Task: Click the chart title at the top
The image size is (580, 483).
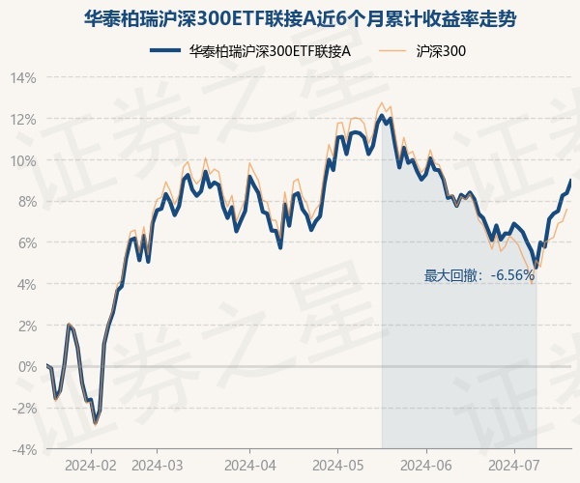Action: tap(290, 17)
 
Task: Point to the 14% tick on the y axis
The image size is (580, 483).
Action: tap(23, 78)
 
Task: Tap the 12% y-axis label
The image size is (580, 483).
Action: tap(23, 119)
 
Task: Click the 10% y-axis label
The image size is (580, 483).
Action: tap(23, 160)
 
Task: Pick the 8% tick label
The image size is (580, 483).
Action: tap(26, 202)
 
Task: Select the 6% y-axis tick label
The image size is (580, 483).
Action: tap(26, 242)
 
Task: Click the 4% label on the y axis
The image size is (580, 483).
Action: tap(26, 284)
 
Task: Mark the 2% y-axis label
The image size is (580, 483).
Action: tap(26, 326)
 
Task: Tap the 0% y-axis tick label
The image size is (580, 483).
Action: tap(26, 366)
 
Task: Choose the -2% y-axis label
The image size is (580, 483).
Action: tap(24, 408)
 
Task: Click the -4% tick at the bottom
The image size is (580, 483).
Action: tap(24, 449)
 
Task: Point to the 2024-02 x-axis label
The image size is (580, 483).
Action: tap(91, 465)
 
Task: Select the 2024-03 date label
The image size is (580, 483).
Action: tap(157, 465)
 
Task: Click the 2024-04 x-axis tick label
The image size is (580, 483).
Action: tap(249, 465)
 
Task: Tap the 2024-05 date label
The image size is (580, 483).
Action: tap(338, 465)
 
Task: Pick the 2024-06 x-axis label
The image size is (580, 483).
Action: tap(426, 465)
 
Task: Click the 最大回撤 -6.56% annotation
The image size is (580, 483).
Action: tap(478, 275)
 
